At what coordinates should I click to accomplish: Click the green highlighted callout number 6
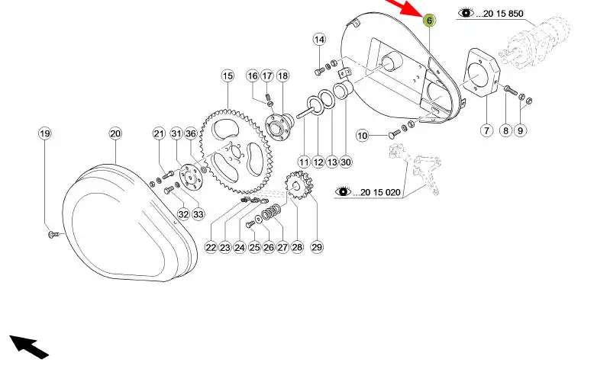[429, 21]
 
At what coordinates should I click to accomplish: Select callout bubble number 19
[45, 133]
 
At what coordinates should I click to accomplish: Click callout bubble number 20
[115, 133]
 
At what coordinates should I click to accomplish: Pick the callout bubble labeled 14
[319, 40]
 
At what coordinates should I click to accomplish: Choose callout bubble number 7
[486, 130]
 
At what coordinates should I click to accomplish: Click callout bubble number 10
[363, 136]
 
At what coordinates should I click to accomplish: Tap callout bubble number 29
[317, 247]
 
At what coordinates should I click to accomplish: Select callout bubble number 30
[346, 162]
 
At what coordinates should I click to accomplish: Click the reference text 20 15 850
[501, 14]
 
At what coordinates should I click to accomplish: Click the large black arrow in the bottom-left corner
[29, 345]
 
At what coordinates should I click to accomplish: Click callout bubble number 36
[191, 133]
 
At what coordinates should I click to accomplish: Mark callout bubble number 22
[211, 247]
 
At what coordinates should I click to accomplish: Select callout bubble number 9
[521, 130]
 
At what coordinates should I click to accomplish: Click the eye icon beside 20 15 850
[466, 14]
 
